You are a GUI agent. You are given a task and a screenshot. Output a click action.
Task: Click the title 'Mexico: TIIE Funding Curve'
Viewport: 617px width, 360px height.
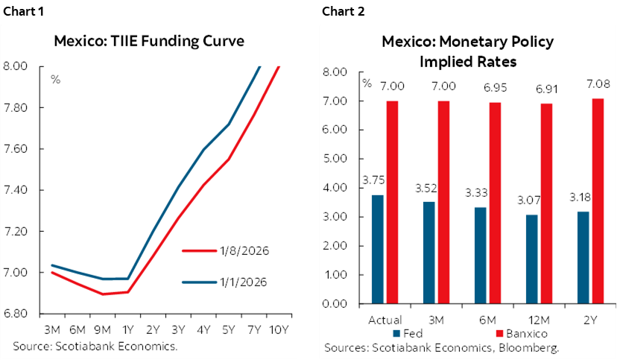pos(149,40)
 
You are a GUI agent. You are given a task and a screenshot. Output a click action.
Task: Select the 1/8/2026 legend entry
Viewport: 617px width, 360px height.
pos(224,250)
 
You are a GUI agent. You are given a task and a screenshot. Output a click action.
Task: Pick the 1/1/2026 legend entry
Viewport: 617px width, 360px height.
pos(224,282)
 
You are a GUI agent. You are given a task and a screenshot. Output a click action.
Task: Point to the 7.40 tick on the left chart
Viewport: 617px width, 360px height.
pos(16,190)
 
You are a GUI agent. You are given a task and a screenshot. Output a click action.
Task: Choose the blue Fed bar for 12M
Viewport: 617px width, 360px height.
pos(531,259)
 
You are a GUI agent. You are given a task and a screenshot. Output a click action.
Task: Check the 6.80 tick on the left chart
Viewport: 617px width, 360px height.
pos(16,314)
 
